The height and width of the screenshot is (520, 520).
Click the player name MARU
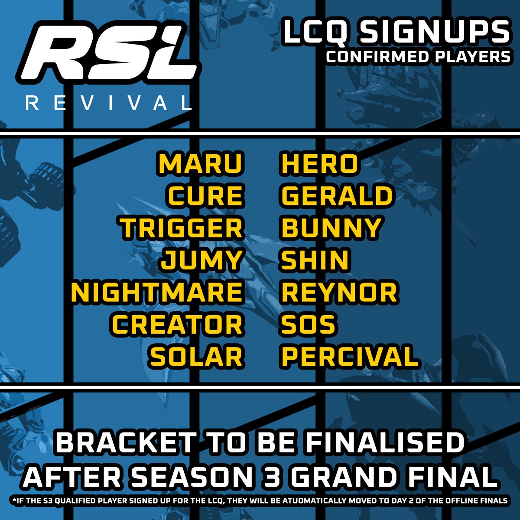click(x=201, y=164)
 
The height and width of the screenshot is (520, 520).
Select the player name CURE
click(x=205, y=196)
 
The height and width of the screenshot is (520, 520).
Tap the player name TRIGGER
click(x=182, y=228)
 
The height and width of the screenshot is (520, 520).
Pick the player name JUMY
click(x=201, y=260)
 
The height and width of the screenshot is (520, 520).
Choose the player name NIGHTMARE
click(x=157, y=292)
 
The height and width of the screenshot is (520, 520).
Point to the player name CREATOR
click(x=177, y=325)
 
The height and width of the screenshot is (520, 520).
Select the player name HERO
click(x=320, y=164)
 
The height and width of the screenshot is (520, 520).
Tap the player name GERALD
click(x=337, y=196)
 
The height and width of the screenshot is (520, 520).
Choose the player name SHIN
click(x=315, y=260)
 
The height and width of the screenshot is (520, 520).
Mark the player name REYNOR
click(x=339, y=292)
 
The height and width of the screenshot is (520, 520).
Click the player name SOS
click(x=308, y=325)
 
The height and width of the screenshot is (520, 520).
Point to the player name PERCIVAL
click(x=350, y=357)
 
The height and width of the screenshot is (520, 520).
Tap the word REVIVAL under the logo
click(x=109, y=103)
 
